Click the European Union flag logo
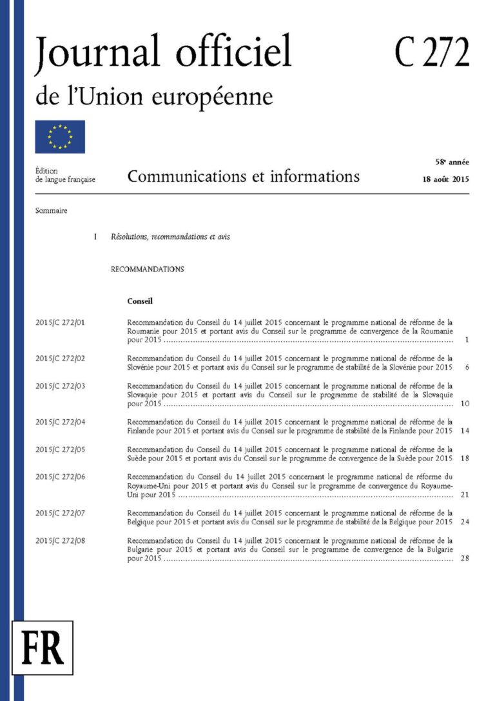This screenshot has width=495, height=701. (60, 136)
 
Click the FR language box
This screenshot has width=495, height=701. (43, 647)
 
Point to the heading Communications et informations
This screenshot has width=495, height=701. (243, 176)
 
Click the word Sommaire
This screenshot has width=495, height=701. (52, 210)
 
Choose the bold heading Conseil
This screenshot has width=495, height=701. (139, 301)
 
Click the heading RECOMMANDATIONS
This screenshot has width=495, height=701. (147, 269)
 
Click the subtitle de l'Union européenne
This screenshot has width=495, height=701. (154, 97)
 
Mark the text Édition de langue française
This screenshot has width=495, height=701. (65, 175)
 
